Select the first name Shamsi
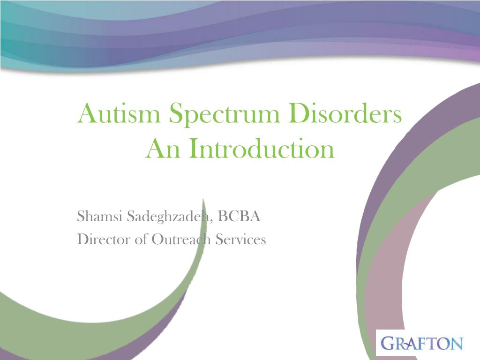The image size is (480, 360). [x=99, y=216]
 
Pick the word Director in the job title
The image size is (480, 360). [x=104, y=239]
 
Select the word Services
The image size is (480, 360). [x=240, y=239]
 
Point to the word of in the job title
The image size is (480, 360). [x=141, y=239]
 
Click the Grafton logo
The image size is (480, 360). [x=422, y=343]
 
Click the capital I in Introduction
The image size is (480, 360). [x=192, y=148]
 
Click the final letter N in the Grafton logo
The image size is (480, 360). [x=457, y=344]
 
